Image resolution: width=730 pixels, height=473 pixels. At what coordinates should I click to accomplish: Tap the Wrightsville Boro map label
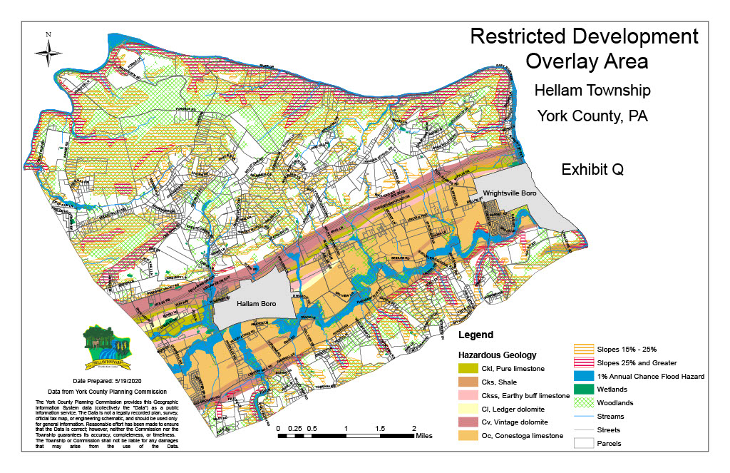508,193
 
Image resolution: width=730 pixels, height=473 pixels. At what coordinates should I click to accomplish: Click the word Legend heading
475,335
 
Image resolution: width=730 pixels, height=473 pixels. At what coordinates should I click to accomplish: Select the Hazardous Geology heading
497,355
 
